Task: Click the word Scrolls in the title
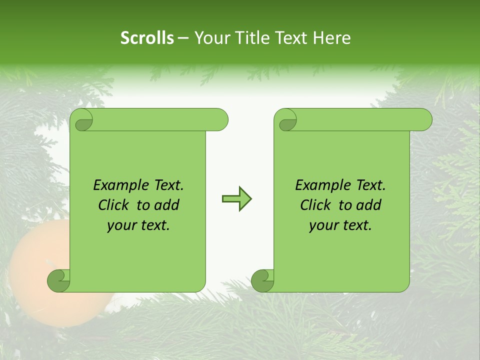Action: pos(147,38)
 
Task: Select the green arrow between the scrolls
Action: pos(236,199)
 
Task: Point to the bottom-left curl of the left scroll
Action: pos(59,281)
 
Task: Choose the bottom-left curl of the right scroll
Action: pos(263,281)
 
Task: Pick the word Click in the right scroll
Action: pos(316,205)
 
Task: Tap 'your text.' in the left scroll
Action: pos(138,225)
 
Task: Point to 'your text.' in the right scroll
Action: pos(340,225)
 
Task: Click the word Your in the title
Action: pos(208,38)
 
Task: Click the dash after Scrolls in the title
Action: pos(183,38)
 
